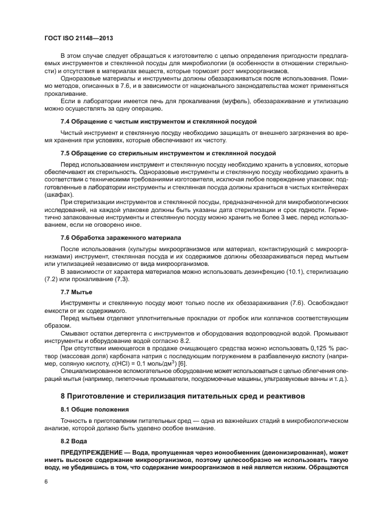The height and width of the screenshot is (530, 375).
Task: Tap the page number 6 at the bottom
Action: [x=46, y=481]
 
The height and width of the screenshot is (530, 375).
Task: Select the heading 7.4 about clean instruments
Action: [x=150, y=121]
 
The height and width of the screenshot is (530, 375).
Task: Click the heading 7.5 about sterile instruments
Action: [x=160, y=153]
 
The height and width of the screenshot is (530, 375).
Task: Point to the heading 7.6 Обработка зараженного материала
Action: [x=121, y=237]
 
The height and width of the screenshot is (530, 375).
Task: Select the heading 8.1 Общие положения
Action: [x=95, y=409]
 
